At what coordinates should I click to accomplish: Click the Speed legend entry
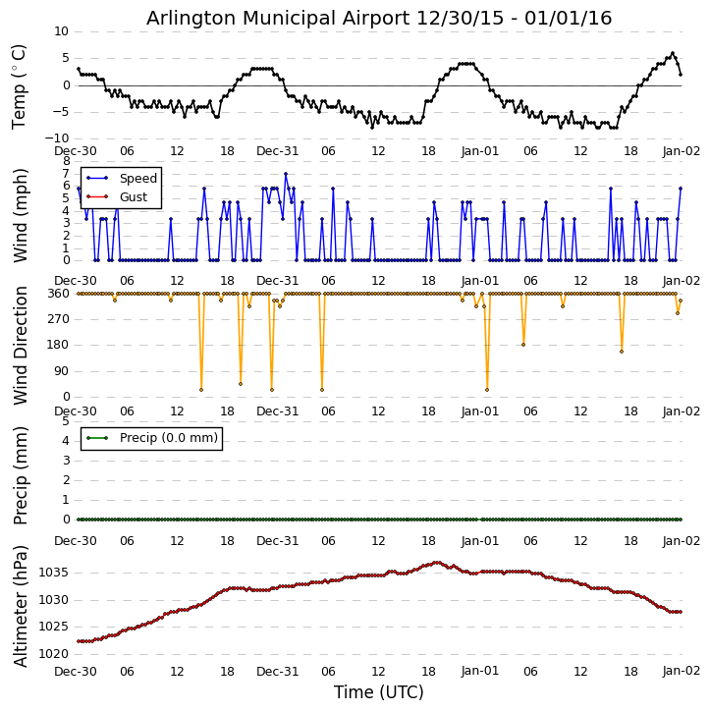(137, 179)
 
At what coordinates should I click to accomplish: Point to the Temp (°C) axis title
(20, 85)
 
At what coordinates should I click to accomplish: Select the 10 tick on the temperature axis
(61, 31)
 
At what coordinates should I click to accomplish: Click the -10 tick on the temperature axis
(57, 138)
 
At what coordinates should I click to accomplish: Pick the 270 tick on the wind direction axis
(58, 319)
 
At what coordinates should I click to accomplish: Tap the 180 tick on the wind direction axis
(58, 345)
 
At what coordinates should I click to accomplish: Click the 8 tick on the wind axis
(66, 160)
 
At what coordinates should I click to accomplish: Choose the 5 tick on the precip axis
(66, 421)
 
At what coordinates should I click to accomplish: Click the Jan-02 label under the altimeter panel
(681, 672)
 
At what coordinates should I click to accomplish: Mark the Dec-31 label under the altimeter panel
(278, 672)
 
